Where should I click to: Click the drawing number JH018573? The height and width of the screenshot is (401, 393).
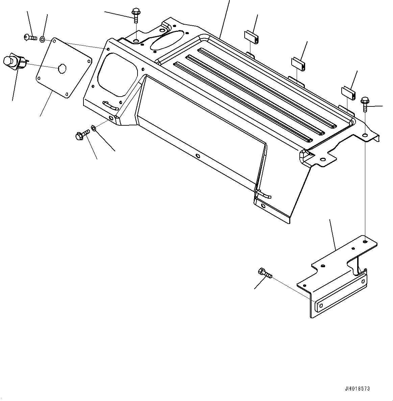[x=358, y=389]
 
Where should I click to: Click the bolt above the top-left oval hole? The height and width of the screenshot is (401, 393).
[x=136, y=15]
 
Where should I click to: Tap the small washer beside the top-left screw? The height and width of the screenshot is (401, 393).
[x=42, y=40]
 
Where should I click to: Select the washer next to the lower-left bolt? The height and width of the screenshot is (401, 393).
[x=93, y=128]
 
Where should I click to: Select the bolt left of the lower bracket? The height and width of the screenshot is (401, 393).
[x=265, y=273]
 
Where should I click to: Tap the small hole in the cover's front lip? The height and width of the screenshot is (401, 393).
[x=197, y=156]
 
